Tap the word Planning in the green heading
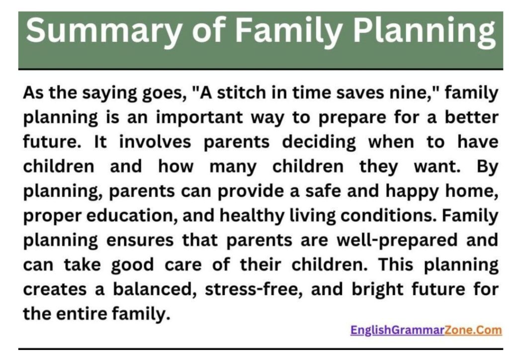point(424,31)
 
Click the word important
point(199,117)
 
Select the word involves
point(155,142)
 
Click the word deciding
point(319,143)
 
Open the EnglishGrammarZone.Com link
point(426,331)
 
